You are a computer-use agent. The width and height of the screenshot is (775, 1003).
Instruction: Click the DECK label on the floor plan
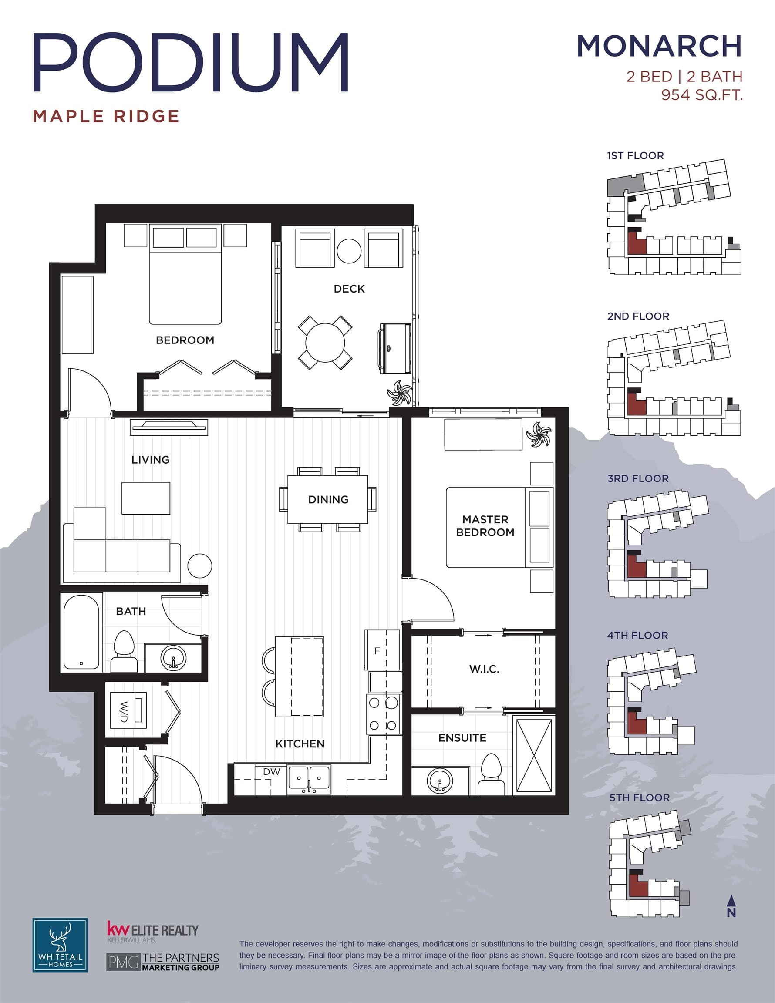tap(349, 289)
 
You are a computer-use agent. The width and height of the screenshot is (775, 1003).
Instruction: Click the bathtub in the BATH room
tap(81, 632)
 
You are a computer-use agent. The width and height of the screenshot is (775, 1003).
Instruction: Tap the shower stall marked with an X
tap(534, 755)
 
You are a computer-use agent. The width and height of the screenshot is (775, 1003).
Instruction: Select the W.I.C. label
tap(484, 669)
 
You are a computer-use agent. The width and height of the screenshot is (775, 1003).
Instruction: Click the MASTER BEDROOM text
tap(485, 526)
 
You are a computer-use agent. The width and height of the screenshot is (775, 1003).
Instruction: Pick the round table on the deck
tap(325, 343)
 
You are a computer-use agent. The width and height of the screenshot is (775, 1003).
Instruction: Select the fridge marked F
tap(382, 650)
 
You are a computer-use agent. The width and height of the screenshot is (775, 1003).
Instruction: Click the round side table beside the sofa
tap(200, 566)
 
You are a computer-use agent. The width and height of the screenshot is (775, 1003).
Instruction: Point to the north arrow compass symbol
tap(731, 905)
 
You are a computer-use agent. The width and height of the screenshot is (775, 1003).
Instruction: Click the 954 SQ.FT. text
tap(701, 94)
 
